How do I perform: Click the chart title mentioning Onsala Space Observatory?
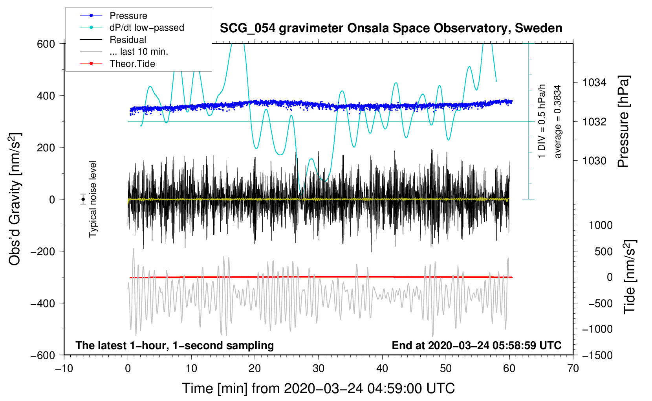point(391,28)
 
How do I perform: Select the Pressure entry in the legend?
point(128,16)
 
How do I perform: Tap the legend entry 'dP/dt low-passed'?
point(147,28)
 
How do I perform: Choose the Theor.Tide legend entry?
point(132,64)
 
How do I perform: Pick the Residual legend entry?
point(128,40)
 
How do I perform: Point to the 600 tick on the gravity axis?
point(46,44)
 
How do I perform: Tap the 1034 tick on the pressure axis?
point(594,83)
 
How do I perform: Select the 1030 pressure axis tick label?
point(594,161)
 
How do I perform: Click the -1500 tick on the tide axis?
point(597,355)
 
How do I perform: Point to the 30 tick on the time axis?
point(319,368)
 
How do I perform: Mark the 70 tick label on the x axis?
point(573,368)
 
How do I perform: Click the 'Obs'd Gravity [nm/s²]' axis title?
point(15,199)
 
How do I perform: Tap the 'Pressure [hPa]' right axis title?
point(623,122)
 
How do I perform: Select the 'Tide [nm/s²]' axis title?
point(629,277)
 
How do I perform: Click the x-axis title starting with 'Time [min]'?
point(318,388)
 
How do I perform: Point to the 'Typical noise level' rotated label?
point(93,199)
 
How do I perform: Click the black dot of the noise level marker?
point(83,199)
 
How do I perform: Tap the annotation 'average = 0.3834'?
point(558,122)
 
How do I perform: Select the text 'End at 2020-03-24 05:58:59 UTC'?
point(476,346)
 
